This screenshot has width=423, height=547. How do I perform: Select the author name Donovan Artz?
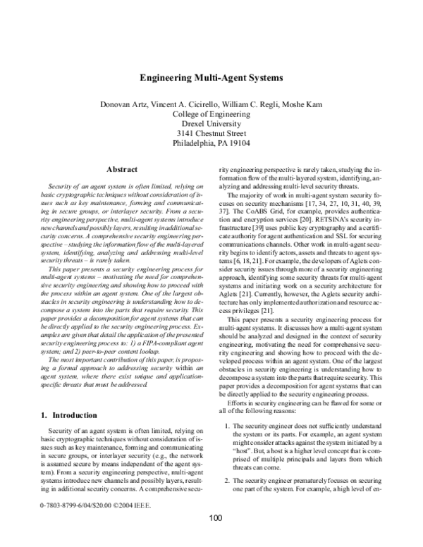coord(128,104)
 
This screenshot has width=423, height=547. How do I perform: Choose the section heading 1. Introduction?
coord(64,415)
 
